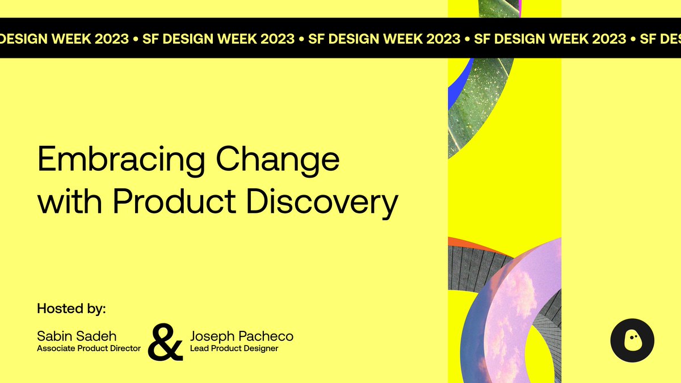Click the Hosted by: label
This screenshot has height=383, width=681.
(72, 309)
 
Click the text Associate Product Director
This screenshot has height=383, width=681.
(89, 348)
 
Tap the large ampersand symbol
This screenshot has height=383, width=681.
(165, 342)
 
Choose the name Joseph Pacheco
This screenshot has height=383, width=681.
(242, 336)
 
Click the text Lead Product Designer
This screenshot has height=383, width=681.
(234, 348)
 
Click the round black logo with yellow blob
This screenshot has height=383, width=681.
(632, 340)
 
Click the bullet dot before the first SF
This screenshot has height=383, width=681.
(136, 39)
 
